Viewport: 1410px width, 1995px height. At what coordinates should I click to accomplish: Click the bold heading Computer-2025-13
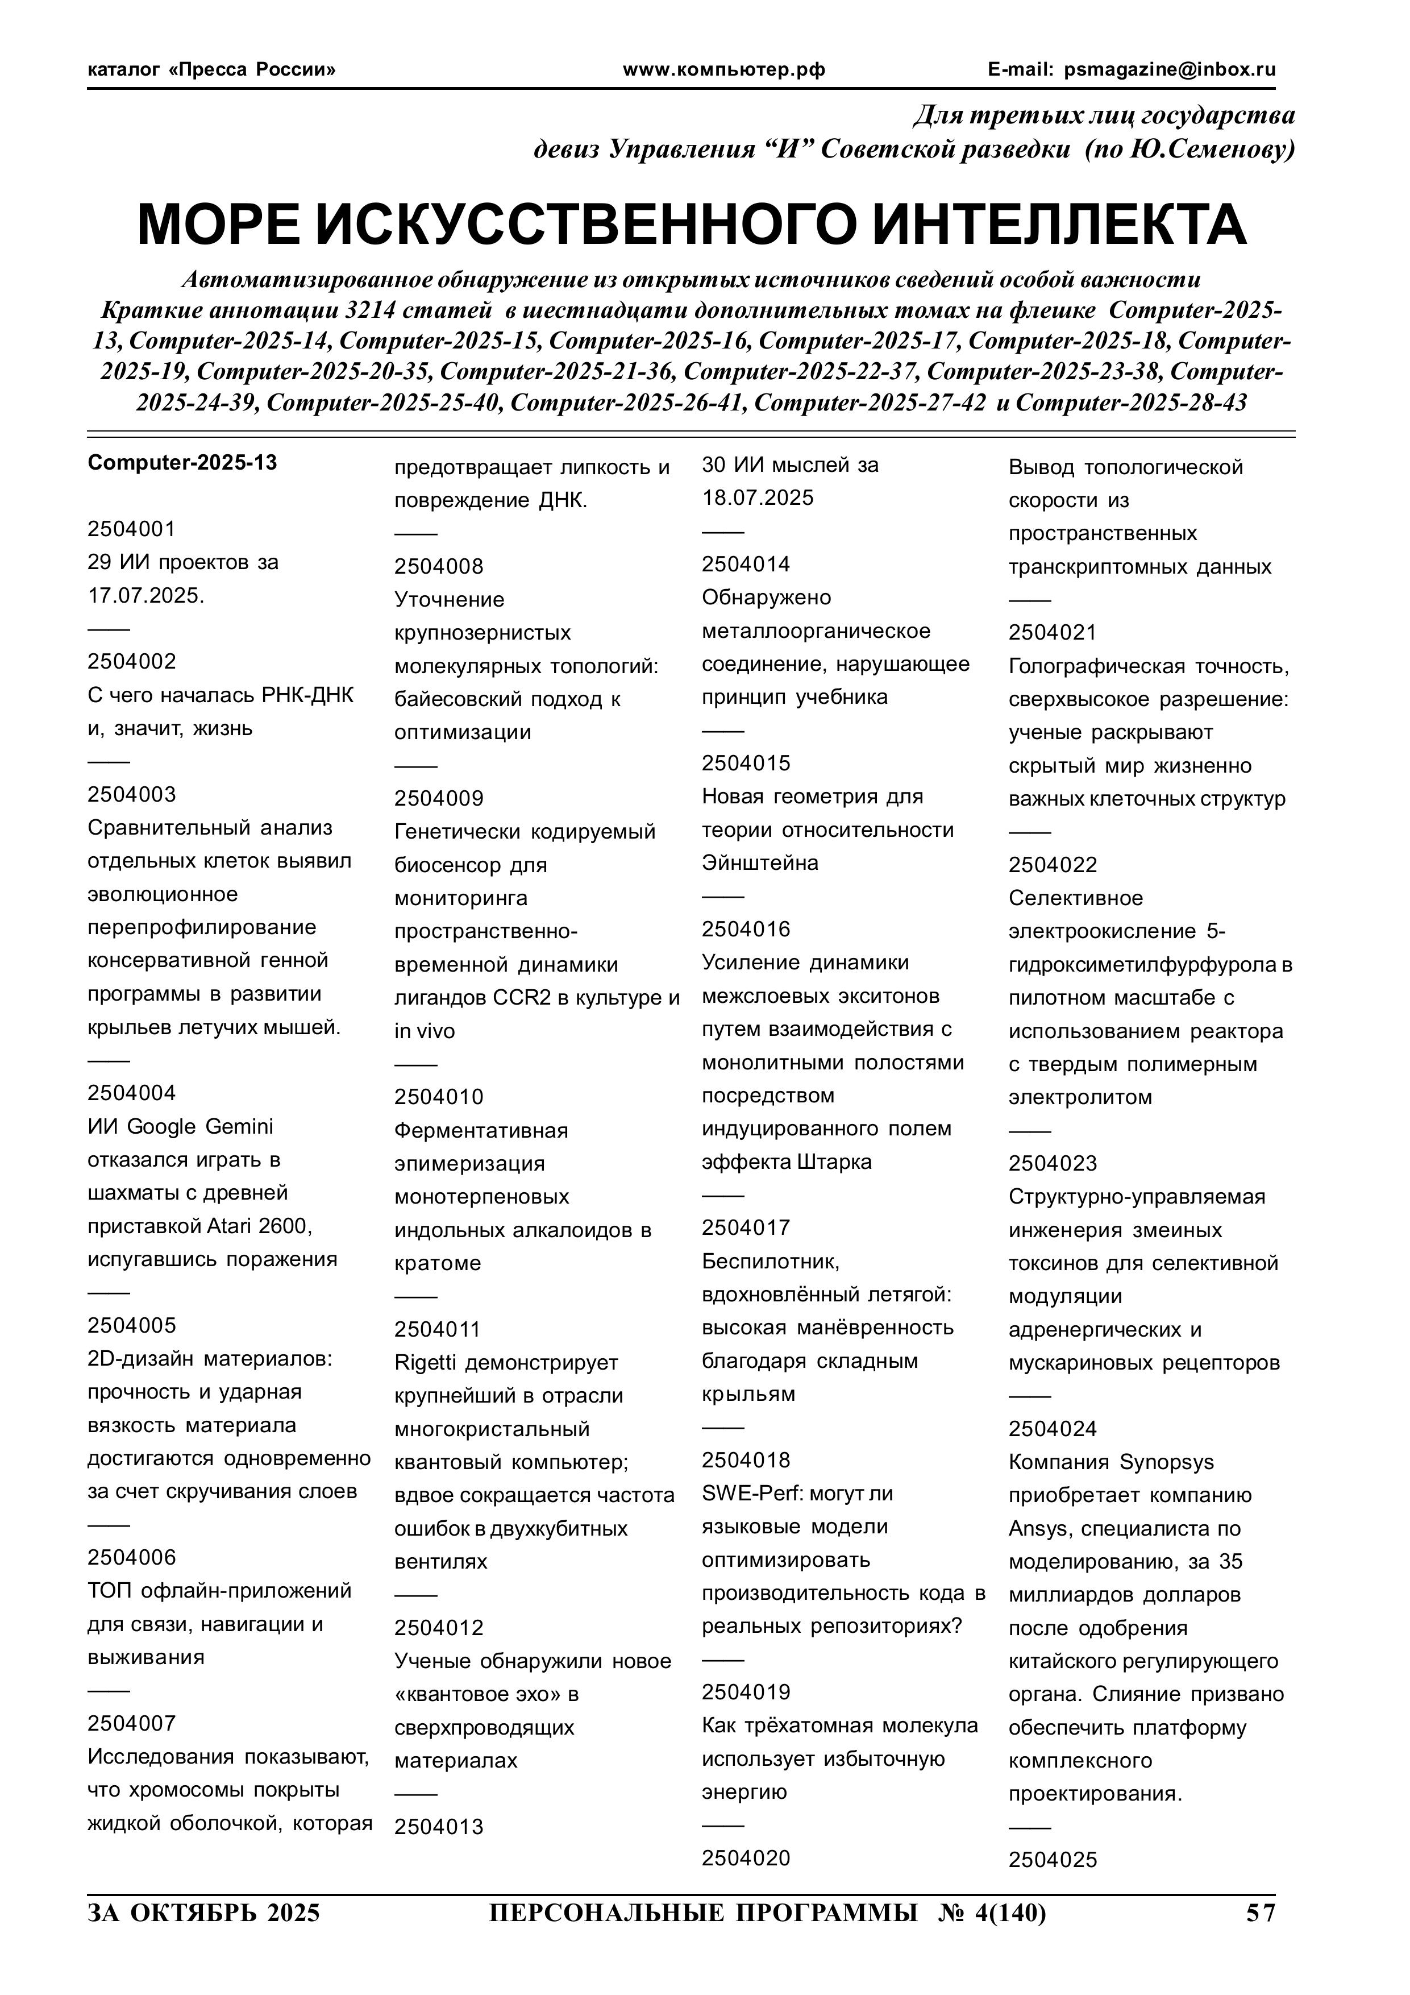pyautogui.click(x=182, y=462)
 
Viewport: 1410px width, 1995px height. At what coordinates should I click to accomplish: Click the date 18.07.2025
pyautogui.click(x=758, y=498)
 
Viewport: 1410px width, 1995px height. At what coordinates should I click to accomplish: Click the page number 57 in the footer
pyautogui.click(x=1261, y=1913)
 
